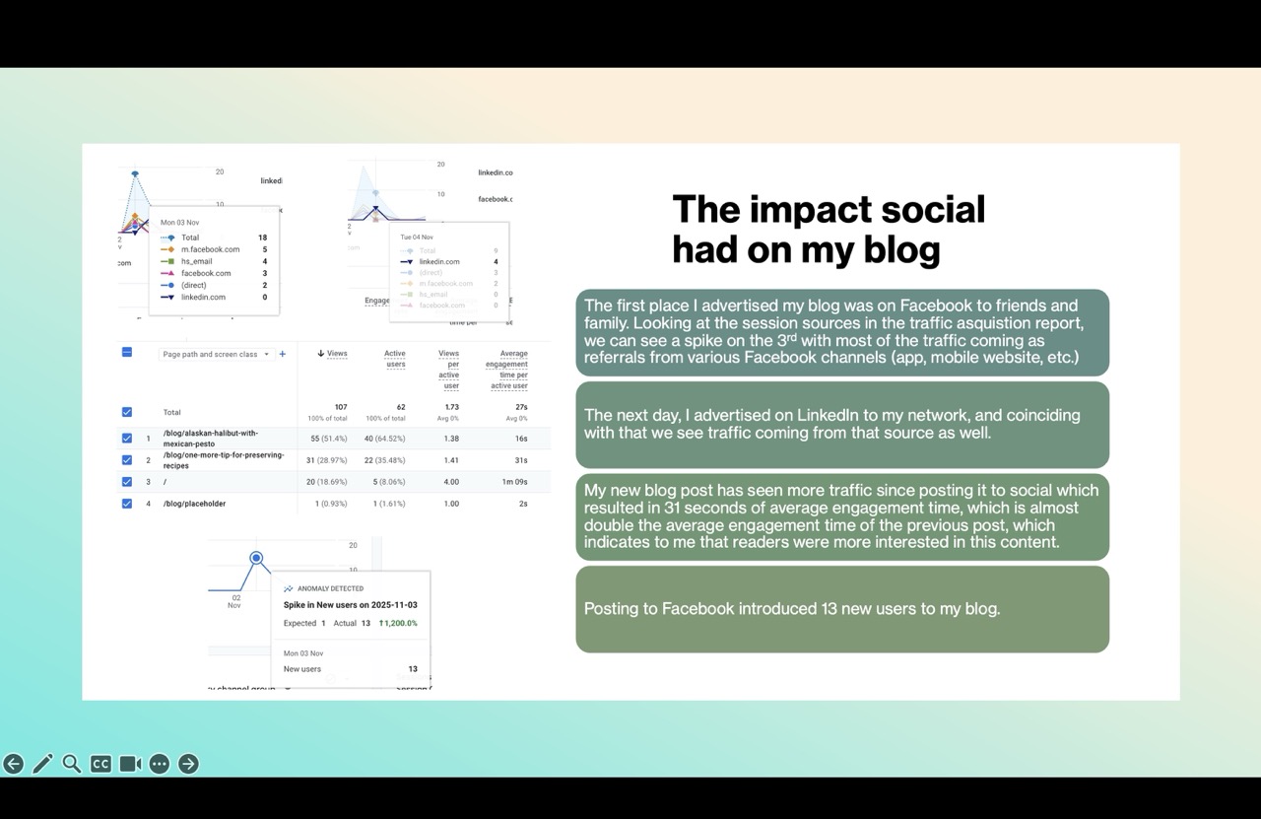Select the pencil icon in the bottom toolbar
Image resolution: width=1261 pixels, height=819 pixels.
click(42, 764)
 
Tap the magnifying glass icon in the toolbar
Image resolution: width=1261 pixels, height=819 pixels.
click(72, 764)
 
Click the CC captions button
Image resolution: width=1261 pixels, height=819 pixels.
click(100, 764)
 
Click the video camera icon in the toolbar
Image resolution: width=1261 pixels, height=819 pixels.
click(130, 764)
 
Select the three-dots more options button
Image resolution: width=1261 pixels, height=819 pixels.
click(160, 764)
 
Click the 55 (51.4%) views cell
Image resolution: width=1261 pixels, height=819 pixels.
click(328, 439)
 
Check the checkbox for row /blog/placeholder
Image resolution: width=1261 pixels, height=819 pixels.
click(127, 504)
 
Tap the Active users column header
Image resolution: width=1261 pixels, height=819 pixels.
click(394, 359)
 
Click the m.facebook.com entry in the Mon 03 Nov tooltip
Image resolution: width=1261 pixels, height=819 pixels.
click(210, 249)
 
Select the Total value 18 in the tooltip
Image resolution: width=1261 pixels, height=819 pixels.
click(262, 238)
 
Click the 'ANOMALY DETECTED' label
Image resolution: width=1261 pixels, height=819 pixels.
click(330, 588)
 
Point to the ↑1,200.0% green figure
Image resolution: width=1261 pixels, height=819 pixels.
click(398, 623)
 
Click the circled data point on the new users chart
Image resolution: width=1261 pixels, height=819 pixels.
click(256, 558)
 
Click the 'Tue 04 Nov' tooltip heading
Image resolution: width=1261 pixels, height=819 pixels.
click(416, 238)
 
